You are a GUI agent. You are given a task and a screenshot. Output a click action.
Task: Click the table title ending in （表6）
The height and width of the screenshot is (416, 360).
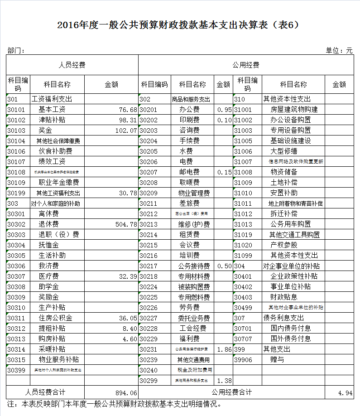coord(180,25)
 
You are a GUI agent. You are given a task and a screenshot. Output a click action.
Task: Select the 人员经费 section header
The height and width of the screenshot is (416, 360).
coord(72,65)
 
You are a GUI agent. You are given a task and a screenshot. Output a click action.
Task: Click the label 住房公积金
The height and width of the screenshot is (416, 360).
coord(55,318)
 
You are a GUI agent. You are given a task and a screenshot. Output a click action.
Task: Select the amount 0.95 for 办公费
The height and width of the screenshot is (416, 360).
coord(224,110)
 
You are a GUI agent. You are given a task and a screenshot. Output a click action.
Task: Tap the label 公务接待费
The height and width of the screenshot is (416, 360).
coord(194,266)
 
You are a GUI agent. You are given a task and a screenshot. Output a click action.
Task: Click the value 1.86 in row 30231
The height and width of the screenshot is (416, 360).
coord(224,349)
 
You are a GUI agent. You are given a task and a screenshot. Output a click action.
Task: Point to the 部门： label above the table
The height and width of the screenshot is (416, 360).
coord(16,51)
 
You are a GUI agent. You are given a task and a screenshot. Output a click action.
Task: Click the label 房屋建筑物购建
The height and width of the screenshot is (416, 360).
coord(294,110)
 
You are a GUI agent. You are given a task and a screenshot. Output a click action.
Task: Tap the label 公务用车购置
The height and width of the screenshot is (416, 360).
coord(290,224)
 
